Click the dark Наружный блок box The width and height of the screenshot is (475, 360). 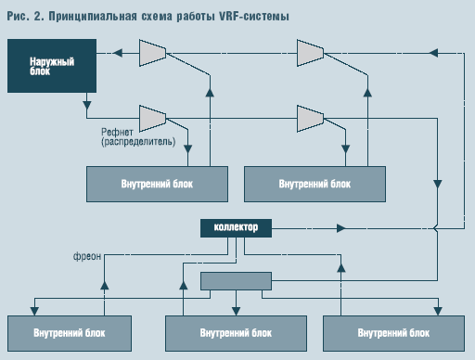pyautogui.click(x=45, y=67)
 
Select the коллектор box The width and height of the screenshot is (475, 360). pyautogui.click(x=237, y=226)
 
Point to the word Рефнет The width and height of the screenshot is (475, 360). pyautogui.click(x=114, y=132)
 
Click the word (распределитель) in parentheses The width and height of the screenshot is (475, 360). pyautogui.click(x=133, y=144)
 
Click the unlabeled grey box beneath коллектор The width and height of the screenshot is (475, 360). pyautogui.click(x=237, y=281)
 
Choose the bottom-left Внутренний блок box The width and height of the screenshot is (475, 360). pyautogui.click(x=62, y=331)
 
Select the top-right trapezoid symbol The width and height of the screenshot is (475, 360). pyautogui.click(x=310, y=53)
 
